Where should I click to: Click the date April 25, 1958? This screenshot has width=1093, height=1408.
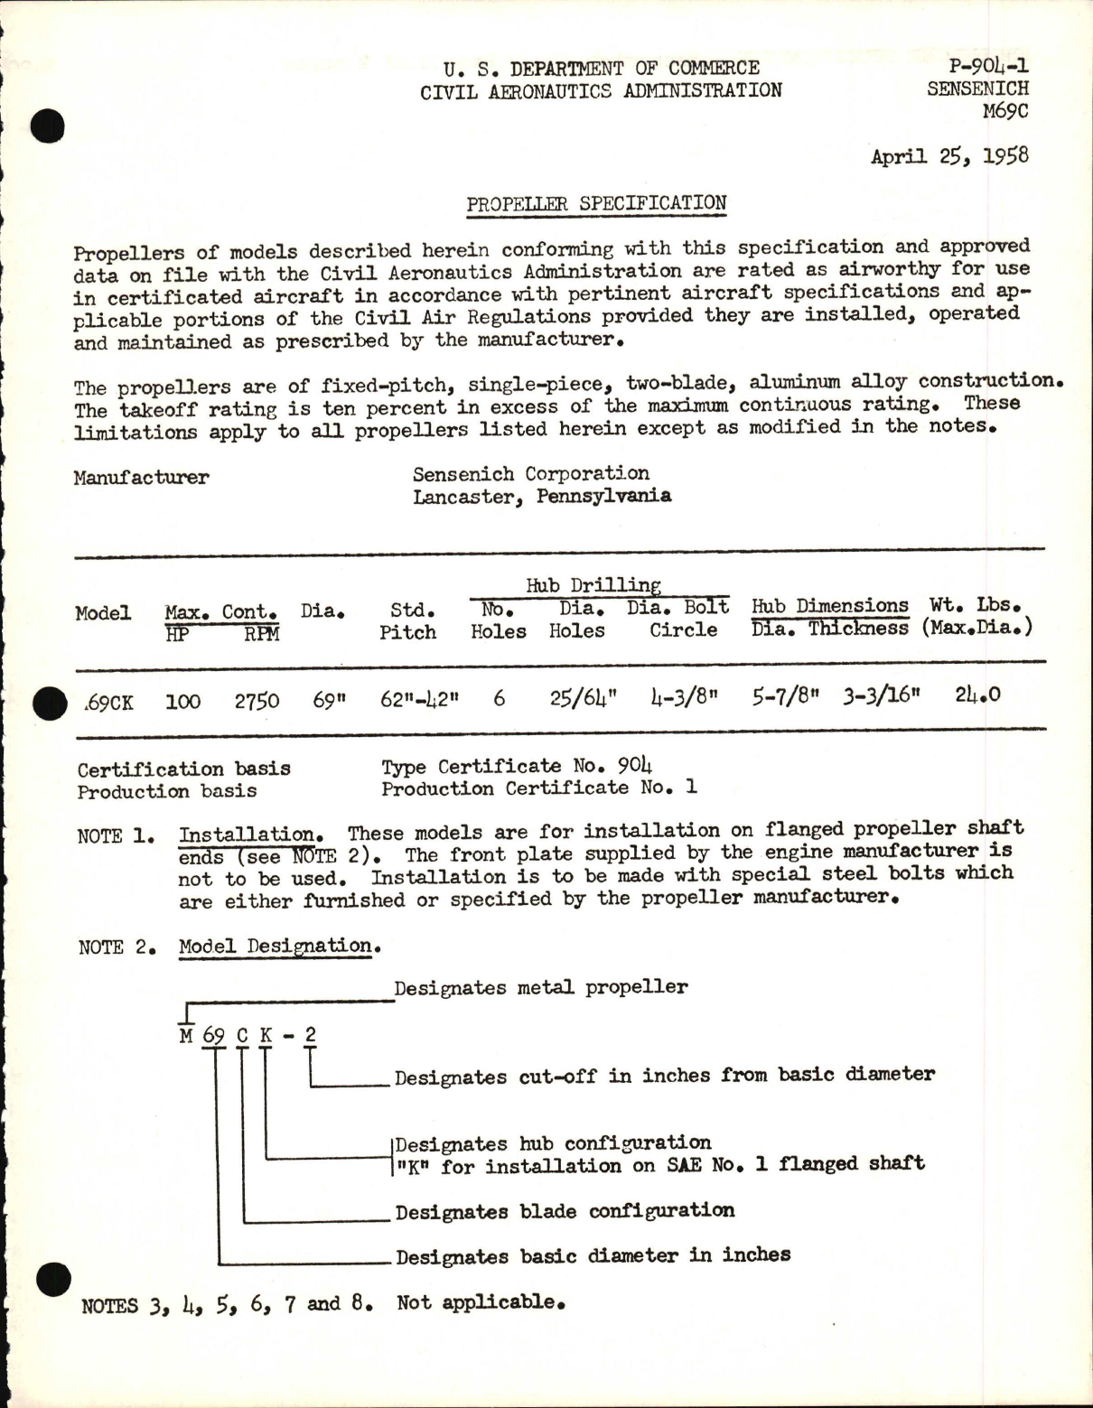(948, 156)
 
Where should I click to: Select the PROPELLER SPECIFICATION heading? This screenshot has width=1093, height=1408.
(596, 203)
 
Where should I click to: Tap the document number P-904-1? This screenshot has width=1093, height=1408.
(989, 66)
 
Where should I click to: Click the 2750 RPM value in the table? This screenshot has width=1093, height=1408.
(257, 701)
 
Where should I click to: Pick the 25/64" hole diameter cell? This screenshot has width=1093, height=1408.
(583, 699)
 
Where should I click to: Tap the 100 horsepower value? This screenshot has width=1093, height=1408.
(182, 702)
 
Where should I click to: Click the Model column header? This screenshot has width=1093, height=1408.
(102, 613)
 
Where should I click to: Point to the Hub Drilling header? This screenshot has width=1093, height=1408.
(593, 585)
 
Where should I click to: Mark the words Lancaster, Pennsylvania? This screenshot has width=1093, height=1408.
(541, 496)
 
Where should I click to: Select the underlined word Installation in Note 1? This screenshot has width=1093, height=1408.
(248, 834)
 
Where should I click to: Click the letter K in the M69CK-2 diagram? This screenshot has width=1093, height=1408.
(266, 1035)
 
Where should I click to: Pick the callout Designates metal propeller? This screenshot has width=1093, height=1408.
(540, 987)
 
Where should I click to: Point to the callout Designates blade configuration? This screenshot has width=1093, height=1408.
(565, 1211)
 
